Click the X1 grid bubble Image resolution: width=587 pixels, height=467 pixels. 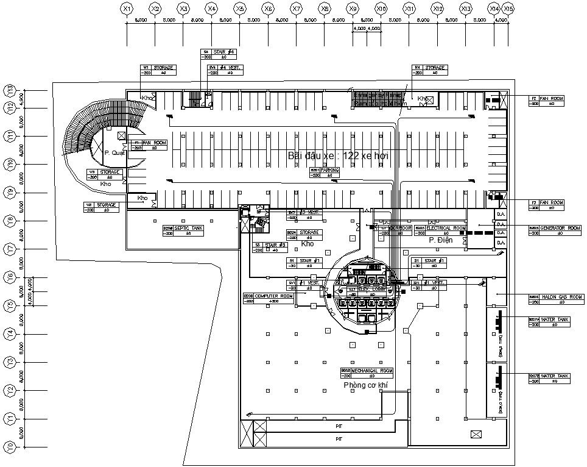[127, 9]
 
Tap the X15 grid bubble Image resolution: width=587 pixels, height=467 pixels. [508, 9]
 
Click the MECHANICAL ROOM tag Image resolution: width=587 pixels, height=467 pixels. [367, 373]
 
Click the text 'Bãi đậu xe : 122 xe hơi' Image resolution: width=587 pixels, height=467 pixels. [338, 156]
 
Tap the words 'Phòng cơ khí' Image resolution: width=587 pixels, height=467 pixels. [365, 385]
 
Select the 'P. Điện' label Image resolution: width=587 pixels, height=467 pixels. [440, 240]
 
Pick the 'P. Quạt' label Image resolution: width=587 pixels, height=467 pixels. [114, 153]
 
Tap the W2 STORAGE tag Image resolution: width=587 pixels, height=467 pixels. [102, 207]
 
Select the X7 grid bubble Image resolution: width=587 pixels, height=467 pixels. [297, 9]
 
